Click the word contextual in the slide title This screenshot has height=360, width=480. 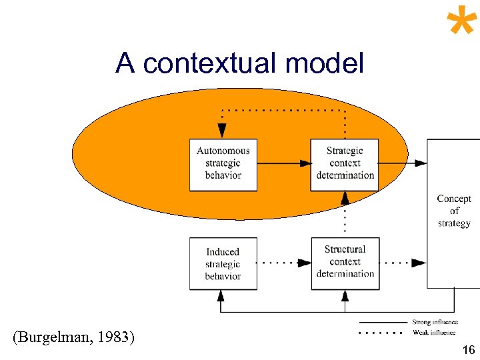(210, 64)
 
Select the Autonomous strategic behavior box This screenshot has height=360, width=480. (223, 164)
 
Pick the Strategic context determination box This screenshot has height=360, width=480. (345, 164)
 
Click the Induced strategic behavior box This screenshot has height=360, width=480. (223, 263)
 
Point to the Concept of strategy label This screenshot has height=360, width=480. (454, 211)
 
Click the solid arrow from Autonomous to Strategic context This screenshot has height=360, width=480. (283, 163)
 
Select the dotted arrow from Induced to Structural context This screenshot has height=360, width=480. (283, 263)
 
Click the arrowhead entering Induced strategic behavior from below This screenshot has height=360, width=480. (223, 297)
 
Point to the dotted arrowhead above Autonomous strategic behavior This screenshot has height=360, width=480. (223, 132)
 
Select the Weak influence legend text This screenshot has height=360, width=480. (434, 332)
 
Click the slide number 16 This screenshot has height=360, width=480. (468, 350)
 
